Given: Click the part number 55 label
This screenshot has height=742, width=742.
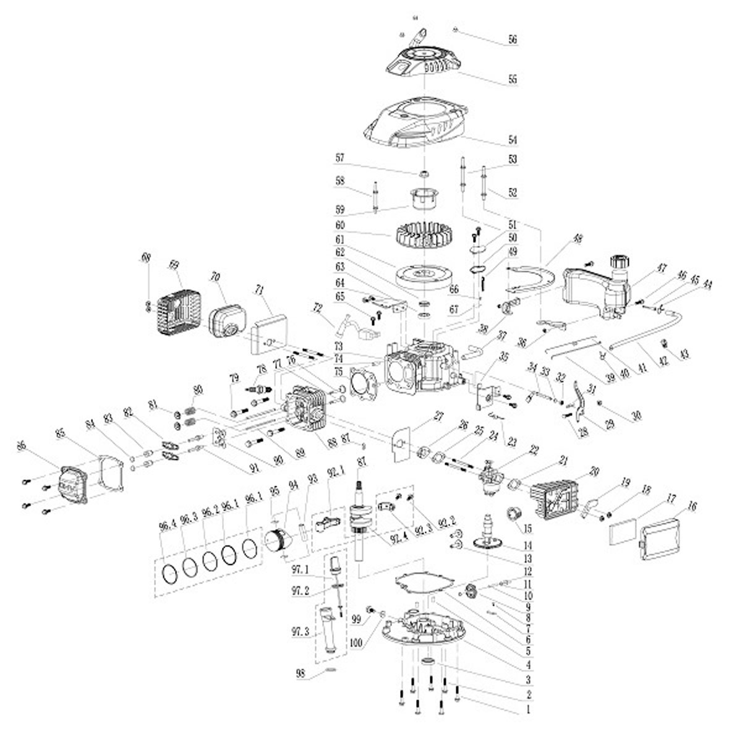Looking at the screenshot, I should tap(512, 80).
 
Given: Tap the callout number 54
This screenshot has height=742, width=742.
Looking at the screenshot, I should tap(512, 140).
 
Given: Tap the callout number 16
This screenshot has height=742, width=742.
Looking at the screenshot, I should tap(692, 506).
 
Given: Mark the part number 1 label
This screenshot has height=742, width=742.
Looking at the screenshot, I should tap(528, 711).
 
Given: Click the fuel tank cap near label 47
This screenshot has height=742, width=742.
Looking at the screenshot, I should tap(619, 262).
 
